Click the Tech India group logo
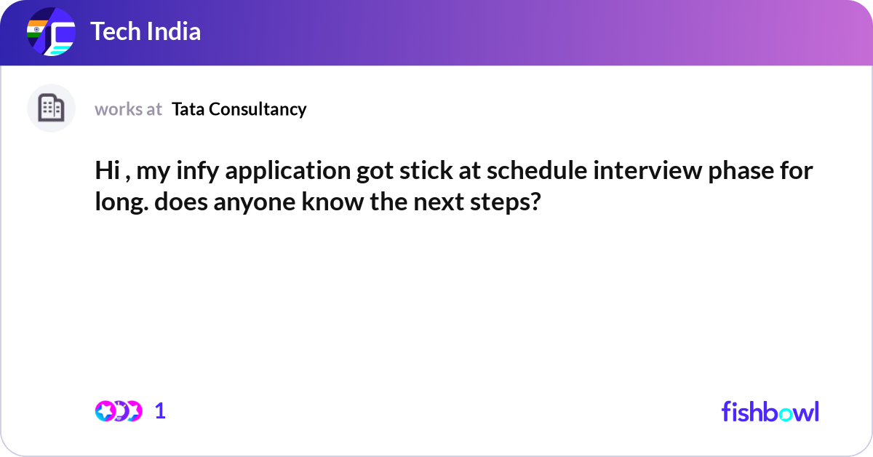(51, 31)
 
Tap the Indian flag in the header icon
(36, 29)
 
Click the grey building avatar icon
(51, 108)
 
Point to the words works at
(128, 109)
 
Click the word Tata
(188, 109)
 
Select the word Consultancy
(258, 110)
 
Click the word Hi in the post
(108, 170)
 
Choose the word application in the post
(288, 171)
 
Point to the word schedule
(537, 170)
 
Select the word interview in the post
(647, 170)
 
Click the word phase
(741, 171)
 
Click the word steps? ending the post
(506, 202)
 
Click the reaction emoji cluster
(119, 411)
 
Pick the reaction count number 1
(160, 411)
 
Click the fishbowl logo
(770, 411)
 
